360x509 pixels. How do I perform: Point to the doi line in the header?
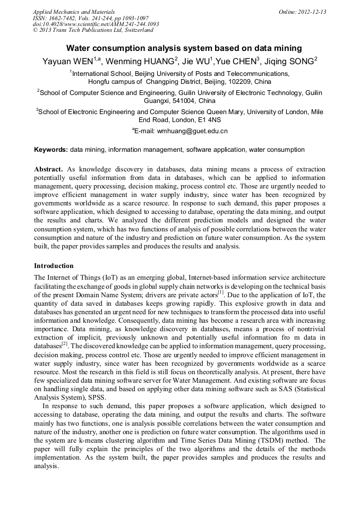pos(96,24)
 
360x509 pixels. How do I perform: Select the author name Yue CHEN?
pos(236,61)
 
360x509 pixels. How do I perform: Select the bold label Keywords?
pos(51,150)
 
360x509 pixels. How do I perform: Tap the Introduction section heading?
pos(54,266)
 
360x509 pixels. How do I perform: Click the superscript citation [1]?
pos(221,292)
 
